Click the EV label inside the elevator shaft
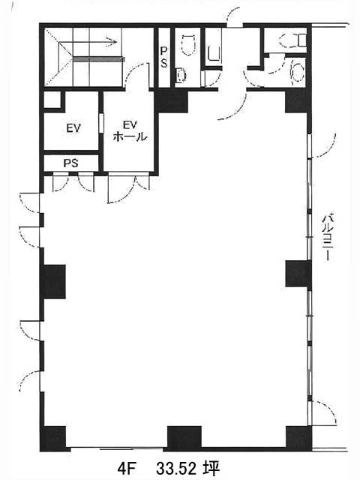tap(73, 128)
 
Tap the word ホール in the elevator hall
tap(130, 136)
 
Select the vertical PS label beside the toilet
tap(164, 58)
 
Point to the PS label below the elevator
tap(70, 163)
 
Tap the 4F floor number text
tap(127, 468)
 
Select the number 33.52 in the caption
tap(177, 468)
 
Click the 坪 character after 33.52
tap(211, 468)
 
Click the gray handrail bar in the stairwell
tap(98, 59)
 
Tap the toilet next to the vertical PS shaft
tap(188, 44)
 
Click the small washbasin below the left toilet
tap(181, 75)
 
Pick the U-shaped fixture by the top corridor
tap(214, 53)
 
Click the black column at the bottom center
tap(184, 438)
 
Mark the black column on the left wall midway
tap(55, 282)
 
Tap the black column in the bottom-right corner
tap(298, 438)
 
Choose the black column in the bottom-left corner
tap(55, 438)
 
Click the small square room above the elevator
tap(52, 100)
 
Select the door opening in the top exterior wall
tap(235, 25)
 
